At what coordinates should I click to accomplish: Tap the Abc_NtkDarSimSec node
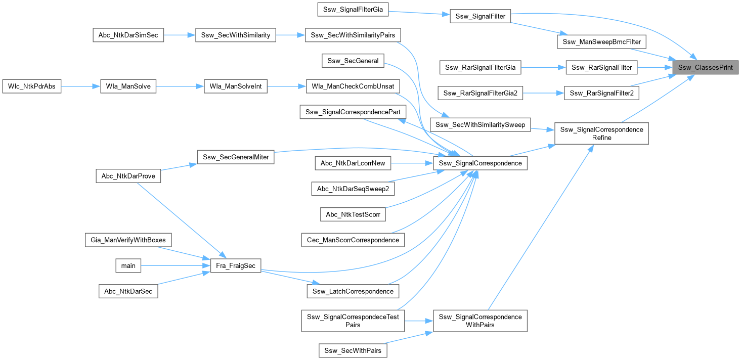pos(128,35)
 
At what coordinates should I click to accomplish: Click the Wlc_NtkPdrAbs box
pos(32,86)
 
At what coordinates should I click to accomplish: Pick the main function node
pos(128,265)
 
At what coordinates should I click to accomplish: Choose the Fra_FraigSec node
pos(235,265)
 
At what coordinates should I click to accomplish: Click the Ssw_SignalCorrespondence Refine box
pos(601,133)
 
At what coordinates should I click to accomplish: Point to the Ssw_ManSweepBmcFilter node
pos(601,41)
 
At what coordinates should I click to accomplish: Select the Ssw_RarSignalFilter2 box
pos(601,93)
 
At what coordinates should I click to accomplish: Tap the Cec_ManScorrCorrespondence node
pos(353,240)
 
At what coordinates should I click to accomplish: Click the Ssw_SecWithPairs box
pos(353,350)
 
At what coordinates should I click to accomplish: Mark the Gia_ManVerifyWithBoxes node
pos(128,240)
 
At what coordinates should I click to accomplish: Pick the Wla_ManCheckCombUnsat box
pos(353,86)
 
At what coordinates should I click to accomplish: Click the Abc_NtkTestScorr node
pos(353,214)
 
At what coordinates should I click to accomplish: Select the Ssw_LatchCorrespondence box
pos(353,291)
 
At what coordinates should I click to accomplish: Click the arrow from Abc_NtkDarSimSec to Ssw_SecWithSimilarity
pos(180,35)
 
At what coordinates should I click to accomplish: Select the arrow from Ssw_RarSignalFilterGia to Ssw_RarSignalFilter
pos(543,67)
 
